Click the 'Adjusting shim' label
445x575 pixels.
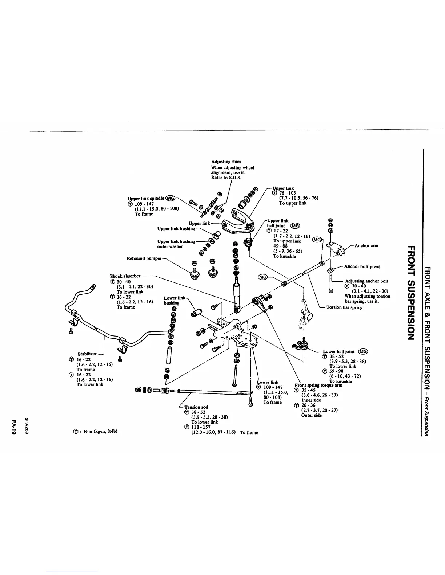tap(226, 162)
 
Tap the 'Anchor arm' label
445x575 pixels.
tap(366, 246)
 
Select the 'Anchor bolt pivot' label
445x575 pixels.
tap(362, 266)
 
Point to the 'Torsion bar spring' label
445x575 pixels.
tap(344, 307)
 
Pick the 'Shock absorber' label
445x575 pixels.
tap(125, 276)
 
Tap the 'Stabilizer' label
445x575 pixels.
tap(87, 354)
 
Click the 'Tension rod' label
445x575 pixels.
tap(196, 407)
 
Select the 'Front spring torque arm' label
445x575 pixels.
tap(318, 386)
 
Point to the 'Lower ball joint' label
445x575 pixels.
tap(338, 351)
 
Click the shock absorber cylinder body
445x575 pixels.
tap(237, 294)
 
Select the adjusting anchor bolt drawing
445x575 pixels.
tap(331, 283)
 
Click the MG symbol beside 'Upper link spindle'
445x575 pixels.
tap(171, 198)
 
